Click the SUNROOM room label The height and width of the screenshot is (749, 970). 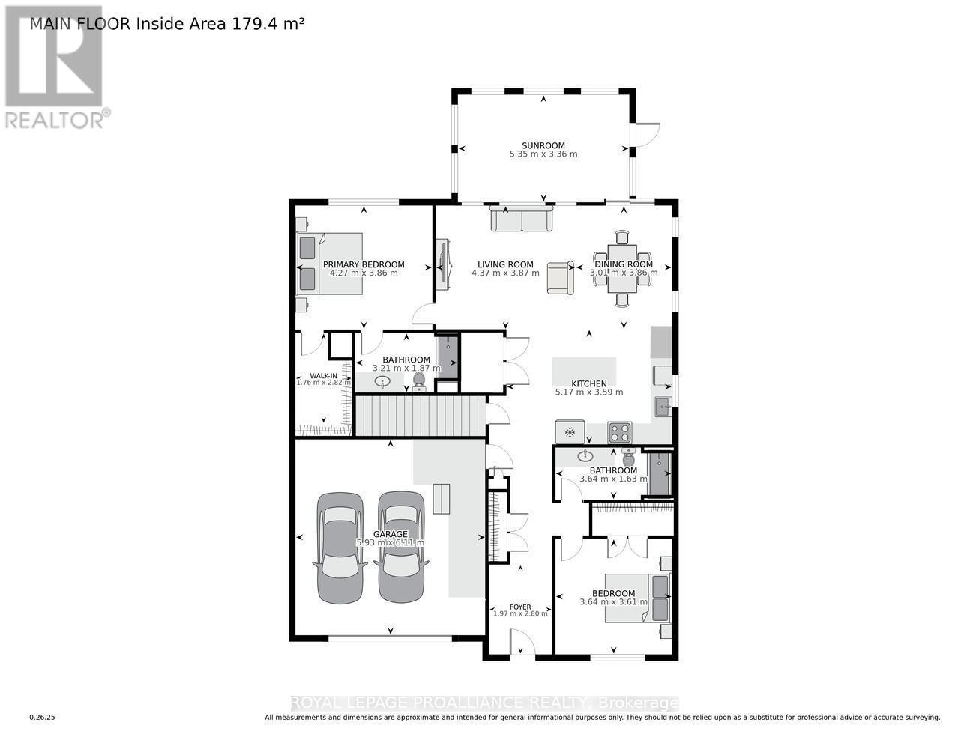pos(543,146)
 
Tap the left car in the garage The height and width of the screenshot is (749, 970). pos(340,547)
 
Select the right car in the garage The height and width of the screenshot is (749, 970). pos(400,547)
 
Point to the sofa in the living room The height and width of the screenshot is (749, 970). pos(522,219)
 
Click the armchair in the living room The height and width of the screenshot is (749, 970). pos(560,277)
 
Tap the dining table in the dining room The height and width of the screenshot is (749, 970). pos(621,268)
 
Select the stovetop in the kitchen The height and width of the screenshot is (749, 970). pos(619,432)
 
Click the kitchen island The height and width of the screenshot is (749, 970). pos(585,370)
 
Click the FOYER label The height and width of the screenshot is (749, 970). pos(520,607)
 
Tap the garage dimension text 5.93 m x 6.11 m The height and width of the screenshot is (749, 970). pos(390,542)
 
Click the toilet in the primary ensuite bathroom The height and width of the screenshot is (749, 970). pos(419,381)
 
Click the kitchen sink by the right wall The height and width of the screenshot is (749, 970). pos(663,407)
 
